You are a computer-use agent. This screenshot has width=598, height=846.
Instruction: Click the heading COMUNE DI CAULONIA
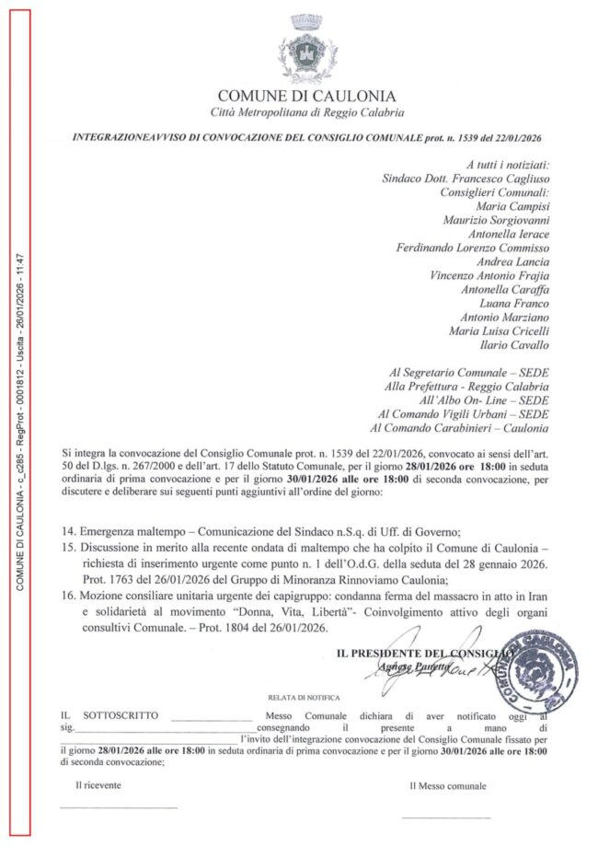point(306,97)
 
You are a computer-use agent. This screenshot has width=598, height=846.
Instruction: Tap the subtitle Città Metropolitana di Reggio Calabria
point(306,112)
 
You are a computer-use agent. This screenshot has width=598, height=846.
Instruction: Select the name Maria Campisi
point(512,207)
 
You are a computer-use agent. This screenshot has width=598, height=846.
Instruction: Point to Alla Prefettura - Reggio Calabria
point(466,386)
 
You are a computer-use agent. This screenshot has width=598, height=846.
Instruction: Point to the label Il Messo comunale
point(448,787)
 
